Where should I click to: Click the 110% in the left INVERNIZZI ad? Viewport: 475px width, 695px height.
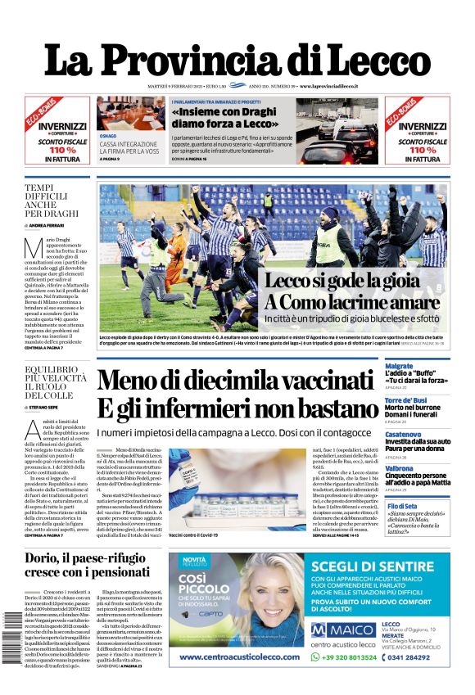[x=57, y=151]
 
